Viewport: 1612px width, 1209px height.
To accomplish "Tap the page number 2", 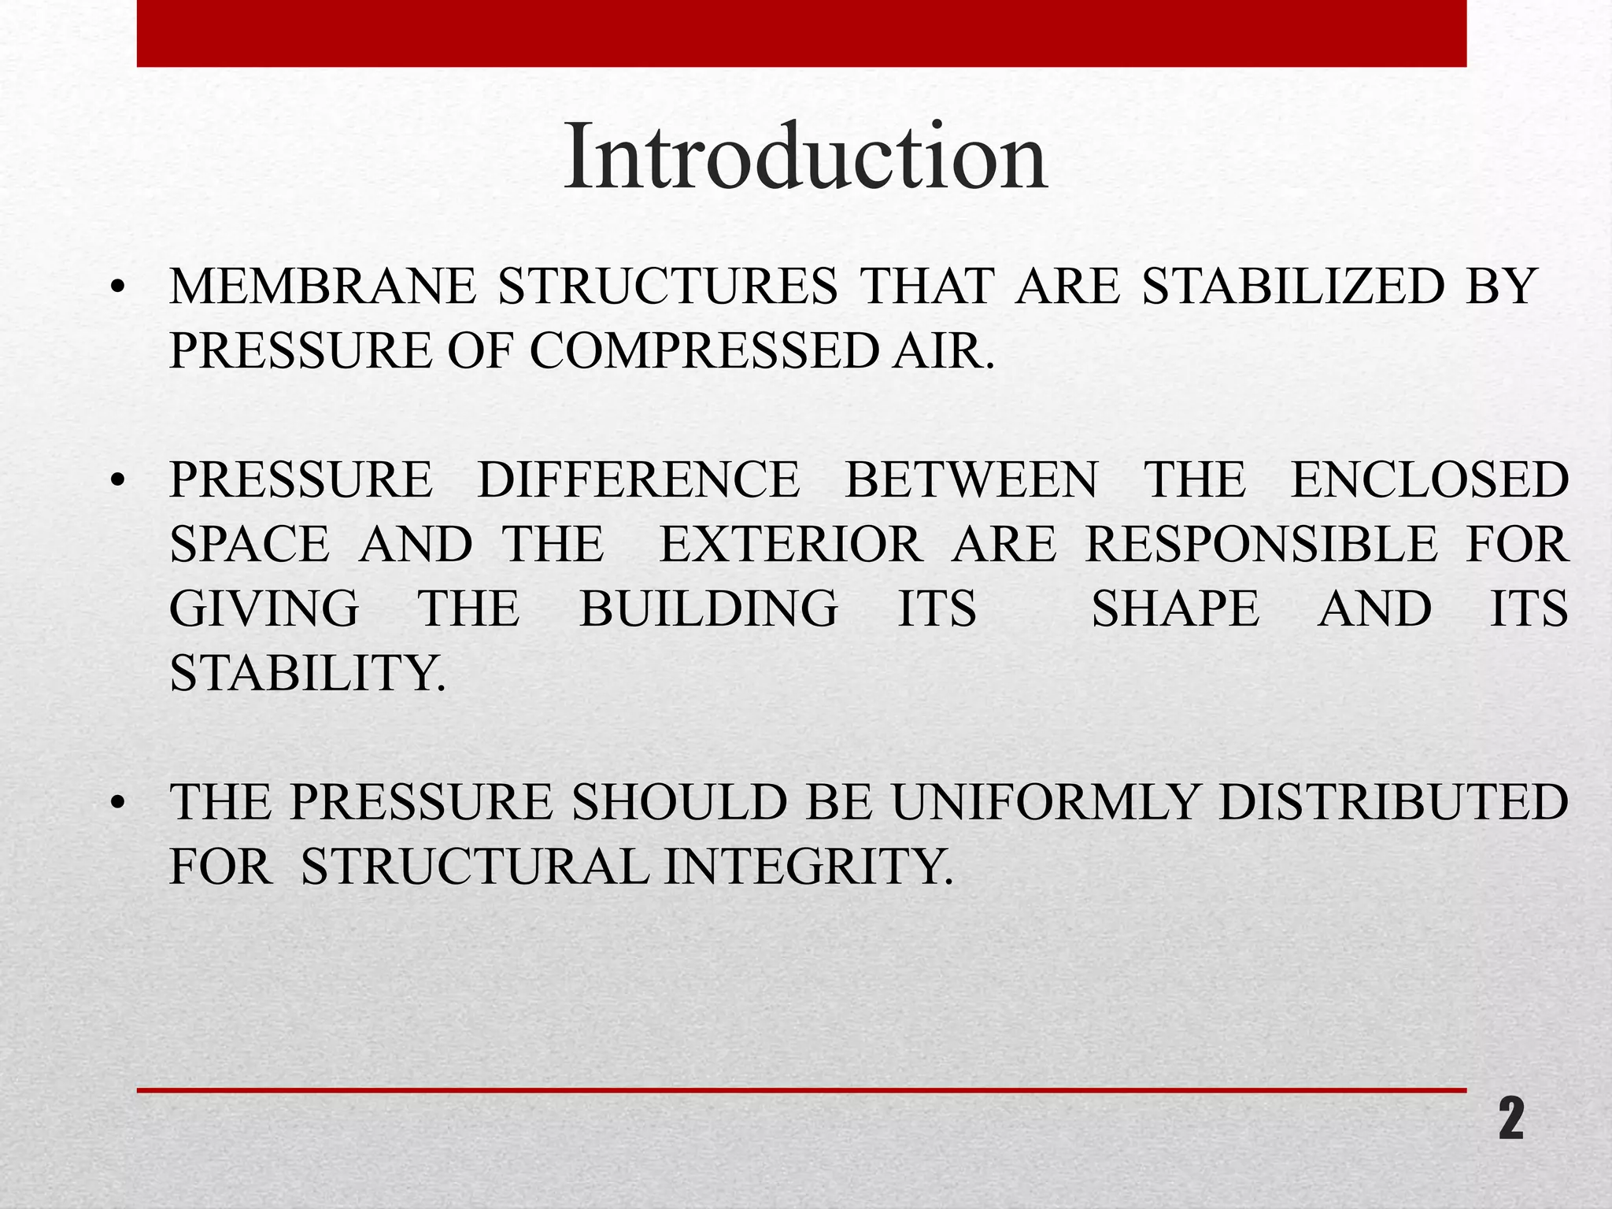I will coord(1510,1119).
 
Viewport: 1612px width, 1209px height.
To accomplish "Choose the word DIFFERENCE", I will coord(638,479).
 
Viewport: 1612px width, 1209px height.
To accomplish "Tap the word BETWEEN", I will coord(971,479).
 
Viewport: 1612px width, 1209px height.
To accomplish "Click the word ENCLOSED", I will coord(1429,479).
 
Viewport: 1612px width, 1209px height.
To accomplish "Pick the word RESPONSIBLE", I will coord(1261,544).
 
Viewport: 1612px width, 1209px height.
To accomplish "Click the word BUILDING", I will coord(708,608).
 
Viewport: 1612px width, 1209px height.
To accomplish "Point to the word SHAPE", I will coord(1175,608).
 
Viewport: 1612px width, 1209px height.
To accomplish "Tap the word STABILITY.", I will coord(308,673).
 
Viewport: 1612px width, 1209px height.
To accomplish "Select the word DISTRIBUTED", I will coord(1393,802).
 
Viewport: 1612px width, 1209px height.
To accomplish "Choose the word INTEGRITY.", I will coord(808,867).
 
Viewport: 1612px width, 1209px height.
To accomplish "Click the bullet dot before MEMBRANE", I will coord(118,288).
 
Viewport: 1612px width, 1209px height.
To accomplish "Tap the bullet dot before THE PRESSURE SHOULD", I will coord(118,804).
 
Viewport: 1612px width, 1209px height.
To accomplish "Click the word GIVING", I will coord(264,608).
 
